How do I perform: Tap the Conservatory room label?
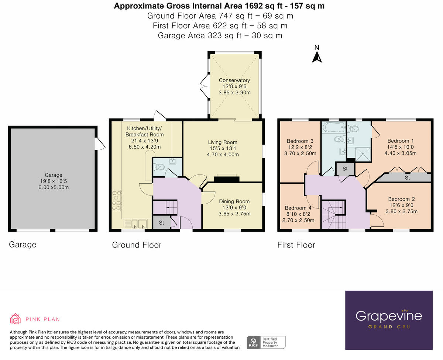click(234, 80)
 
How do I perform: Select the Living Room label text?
click(222, 142)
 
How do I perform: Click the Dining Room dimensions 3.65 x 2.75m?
click(234, 214)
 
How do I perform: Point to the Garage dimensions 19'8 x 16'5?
click(54, 181)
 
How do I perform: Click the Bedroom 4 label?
click(296, 208)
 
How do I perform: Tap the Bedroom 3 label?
click(300, 141)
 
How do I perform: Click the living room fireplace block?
click(227, 179)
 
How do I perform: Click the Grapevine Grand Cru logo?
click(389, 320)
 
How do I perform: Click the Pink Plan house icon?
click(15, 319)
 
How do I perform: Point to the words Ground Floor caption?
click(137, 245)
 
